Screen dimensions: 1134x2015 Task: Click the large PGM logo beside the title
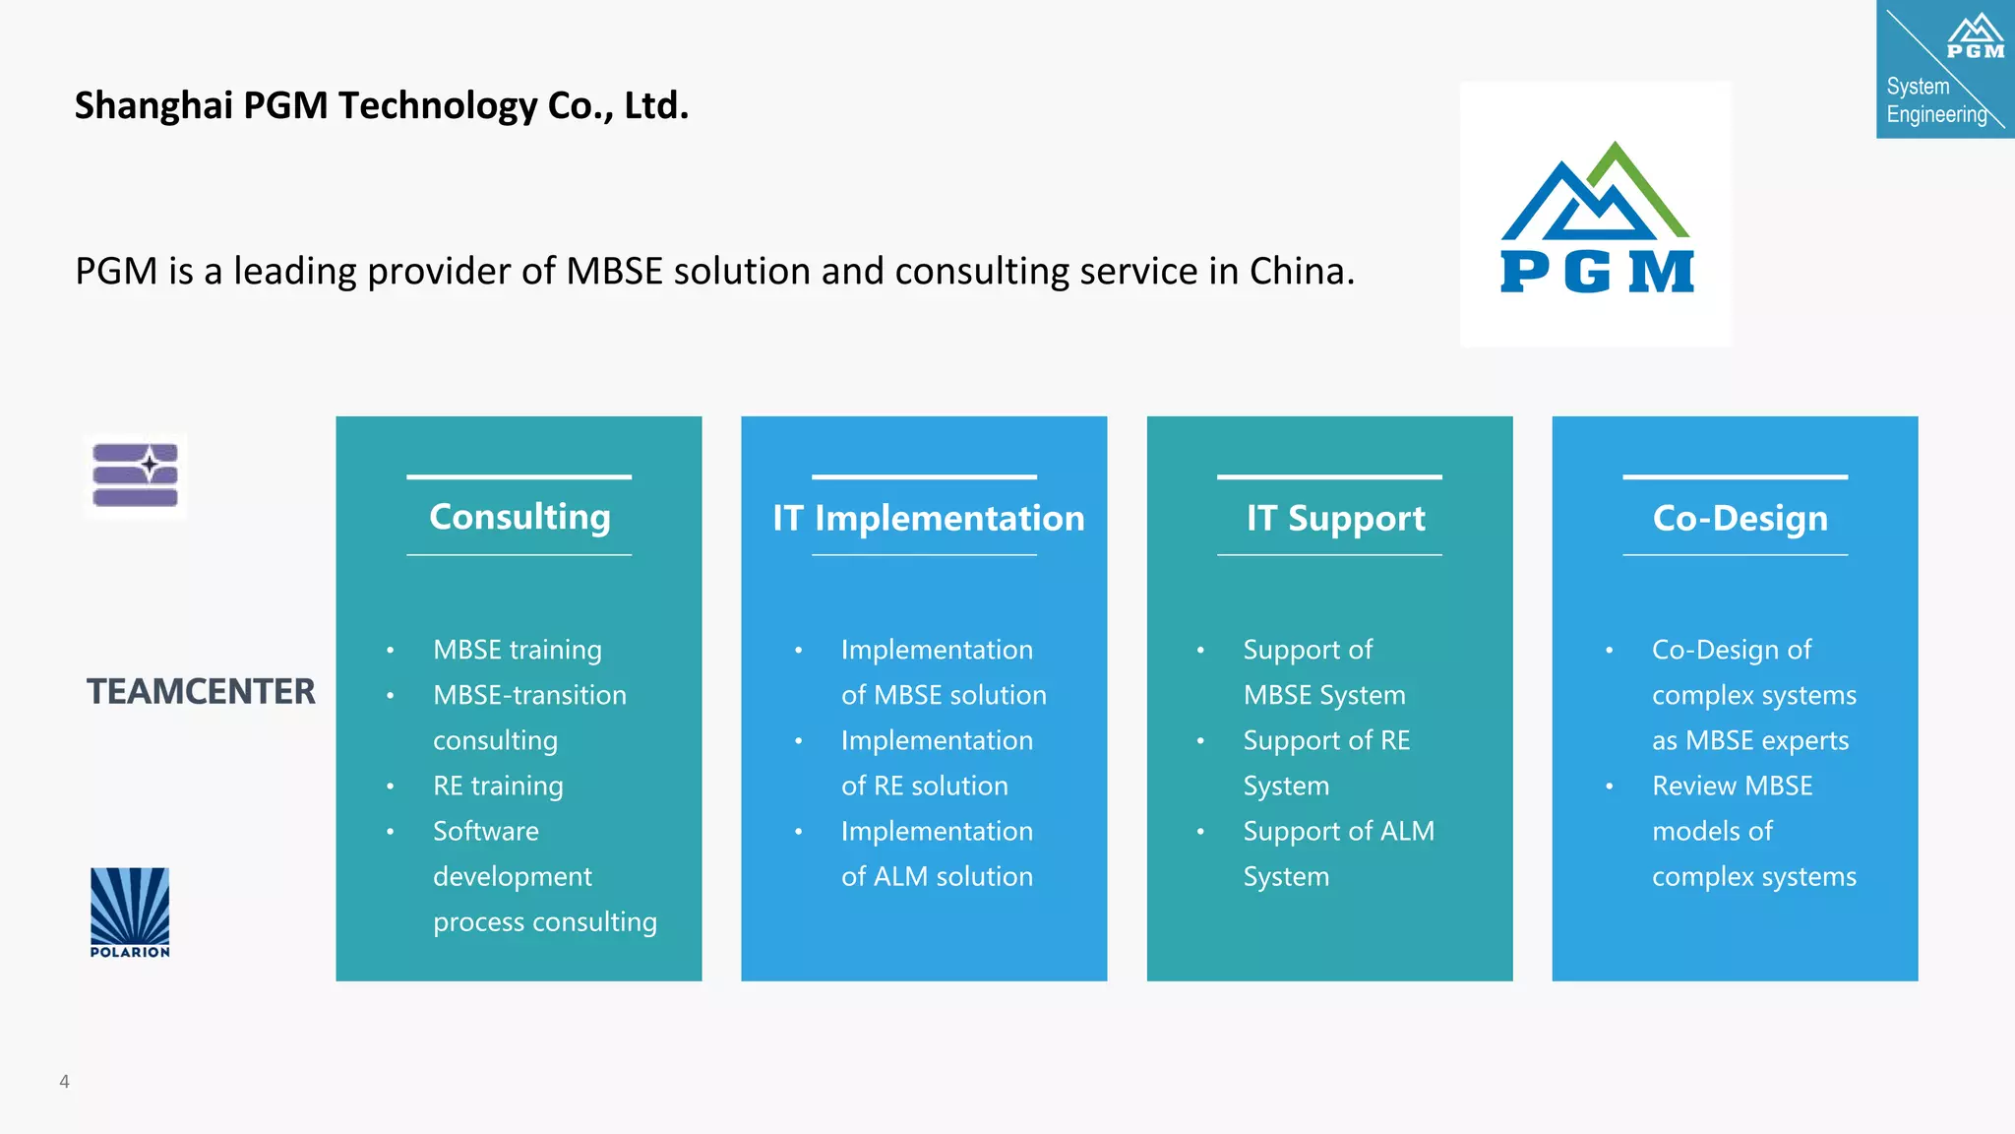[x=1596, y=217]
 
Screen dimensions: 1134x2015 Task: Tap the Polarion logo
[x=130, y=912]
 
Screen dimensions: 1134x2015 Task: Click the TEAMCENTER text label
[x=201, y=692]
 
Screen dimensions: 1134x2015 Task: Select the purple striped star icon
[x=136, y=475]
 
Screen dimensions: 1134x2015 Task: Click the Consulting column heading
[x=519, y=517]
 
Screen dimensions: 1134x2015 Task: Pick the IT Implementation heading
[x=928, y=519]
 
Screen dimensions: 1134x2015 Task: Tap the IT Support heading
[x=1335, y=519]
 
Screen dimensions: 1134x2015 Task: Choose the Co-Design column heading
[x=1740, y=519]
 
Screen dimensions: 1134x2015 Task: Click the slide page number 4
[x=64, y=1081]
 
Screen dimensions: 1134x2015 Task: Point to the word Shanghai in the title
[x=153, y=106]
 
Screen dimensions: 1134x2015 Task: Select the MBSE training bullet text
[x=518, y=650]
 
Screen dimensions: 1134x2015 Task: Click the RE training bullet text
[x=498, y=786]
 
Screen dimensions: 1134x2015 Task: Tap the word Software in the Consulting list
[x=486, y=831]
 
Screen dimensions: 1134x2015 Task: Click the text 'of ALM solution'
[x=937, y=876]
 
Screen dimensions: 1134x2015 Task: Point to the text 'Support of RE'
[x=1326, y=740]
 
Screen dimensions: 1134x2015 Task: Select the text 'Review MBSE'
[x=1732, y=786]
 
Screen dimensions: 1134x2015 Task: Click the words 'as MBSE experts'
[x=1750, y=740]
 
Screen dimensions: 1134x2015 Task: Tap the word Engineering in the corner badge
[x=1936, y=114]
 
